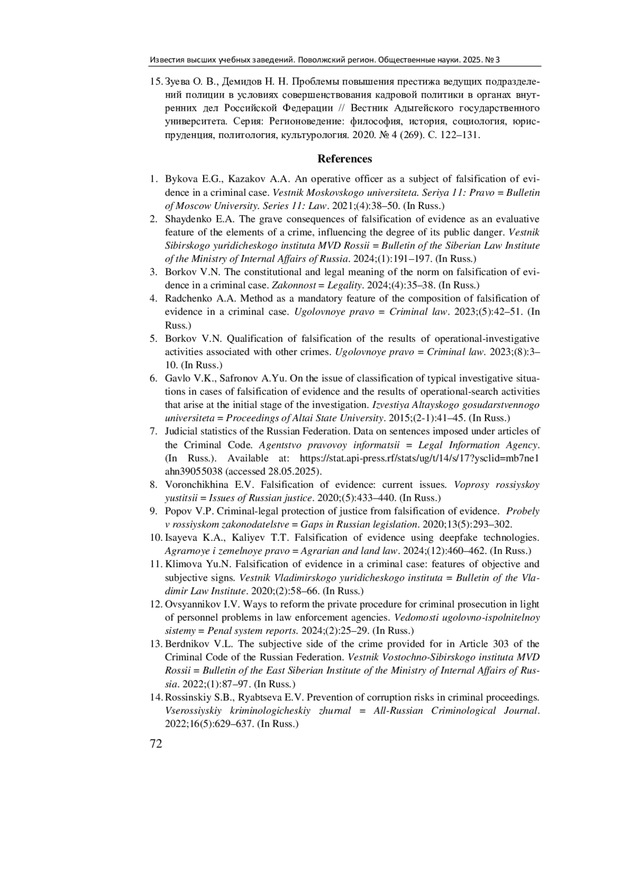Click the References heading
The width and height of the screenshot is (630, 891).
(344, 159)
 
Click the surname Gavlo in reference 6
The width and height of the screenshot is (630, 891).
(177, 379)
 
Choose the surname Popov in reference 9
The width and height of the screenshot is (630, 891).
(177, 511)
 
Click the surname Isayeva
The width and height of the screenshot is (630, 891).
(181, 538)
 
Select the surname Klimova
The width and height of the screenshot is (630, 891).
(181, 564)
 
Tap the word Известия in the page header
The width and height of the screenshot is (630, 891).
(165, 59)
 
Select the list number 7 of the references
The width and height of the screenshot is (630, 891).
(153, 432)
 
